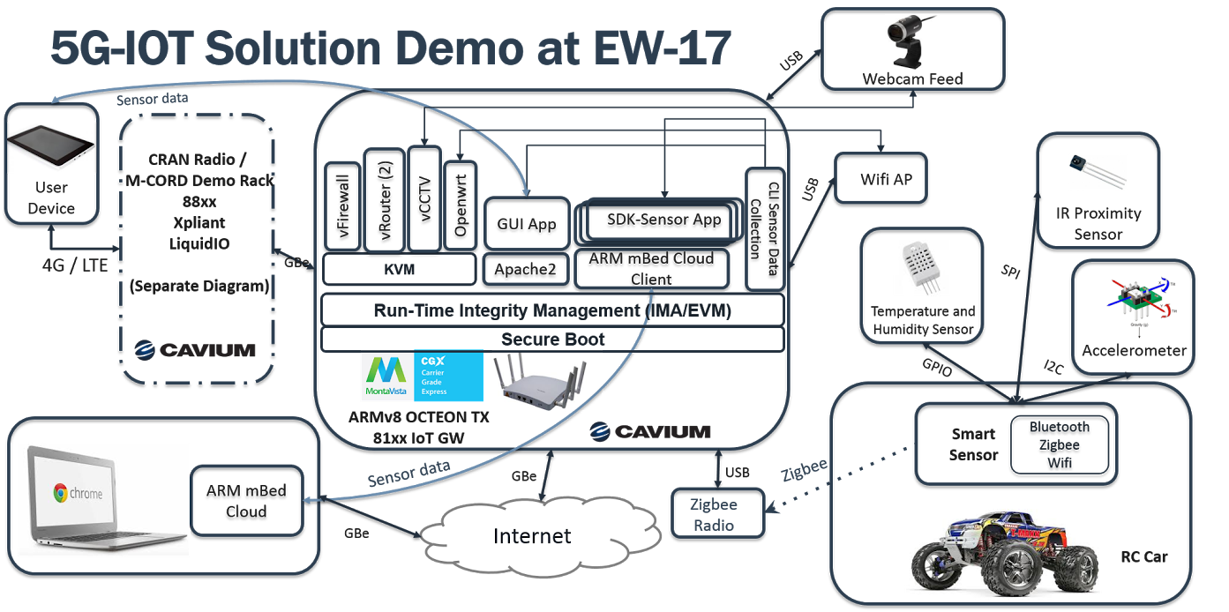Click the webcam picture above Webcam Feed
pyautogui.click(x=912, y=42)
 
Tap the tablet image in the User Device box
pyautogui.click(x=51, y=147)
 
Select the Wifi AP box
pyautogui.click(x=886, y=179)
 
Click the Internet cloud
pyautogui.click(x=532, y=536)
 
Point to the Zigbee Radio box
pyautogui.click(x=716, y=515)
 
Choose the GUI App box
pyautogui.click(x=528, y=224)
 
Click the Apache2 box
pyautogui.click(x=526, y=270)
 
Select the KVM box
pyautogui.click(x=399, y=270)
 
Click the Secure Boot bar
pyautogui.click(x=552, y=340)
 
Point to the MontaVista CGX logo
pyautogui.click(x=421, y=377)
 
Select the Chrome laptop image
pyautogui.click(x=104, y=499)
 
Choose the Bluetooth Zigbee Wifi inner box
pyautogui.click(x=1059, y=444)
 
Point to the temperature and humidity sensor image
pyautogui.click(x=922, y=266)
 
